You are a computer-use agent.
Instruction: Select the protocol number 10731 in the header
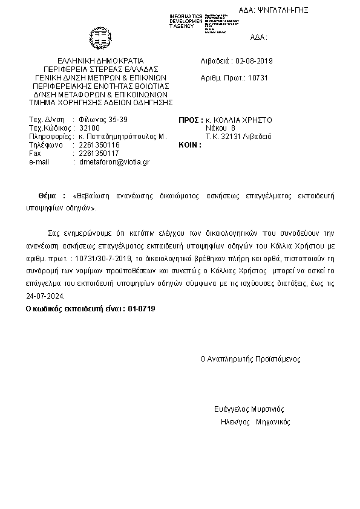click(258, 78)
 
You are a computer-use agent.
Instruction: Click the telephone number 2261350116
click(99, 145)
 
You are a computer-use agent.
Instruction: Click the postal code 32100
click(90, 128)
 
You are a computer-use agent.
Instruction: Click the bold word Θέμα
click(47, 196)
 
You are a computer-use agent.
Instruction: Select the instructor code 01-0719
click(143, 308)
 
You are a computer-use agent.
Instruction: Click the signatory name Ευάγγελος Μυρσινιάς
click(249, 409)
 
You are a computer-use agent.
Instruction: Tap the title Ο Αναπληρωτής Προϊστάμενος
click(250, 358)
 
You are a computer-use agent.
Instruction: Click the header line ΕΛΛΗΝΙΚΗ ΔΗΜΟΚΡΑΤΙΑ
click(100, 61)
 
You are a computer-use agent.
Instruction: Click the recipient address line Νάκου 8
click(220, 128)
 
